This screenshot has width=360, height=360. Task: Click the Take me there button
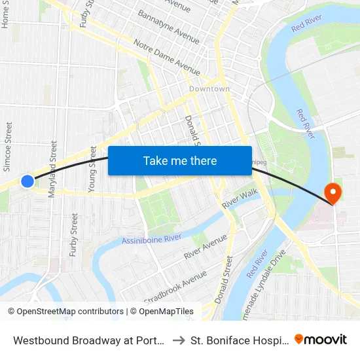[x=180, y=161]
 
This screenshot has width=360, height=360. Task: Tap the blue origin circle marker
[x=27, y=181]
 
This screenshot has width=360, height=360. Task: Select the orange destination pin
[x=333, y=192]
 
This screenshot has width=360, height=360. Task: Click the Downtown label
[x=209, y=89]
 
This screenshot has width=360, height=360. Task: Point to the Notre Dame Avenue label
[x=167, y=57]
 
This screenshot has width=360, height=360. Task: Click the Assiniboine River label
[x=151, y=240]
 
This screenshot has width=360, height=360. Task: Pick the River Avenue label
[x=205, y=245]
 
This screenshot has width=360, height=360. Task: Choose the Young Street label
[x=92, y=168]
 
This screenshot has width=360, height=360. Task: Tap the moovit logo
[x=321, y=340]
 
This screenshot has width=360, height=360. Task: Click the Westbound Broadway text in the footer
[x=88, y=340]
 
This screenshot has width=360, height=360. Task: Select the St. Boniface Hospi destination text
[x=240, y=340]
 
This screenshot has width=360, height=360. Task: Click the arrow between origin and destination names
[x=177, y=340]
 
